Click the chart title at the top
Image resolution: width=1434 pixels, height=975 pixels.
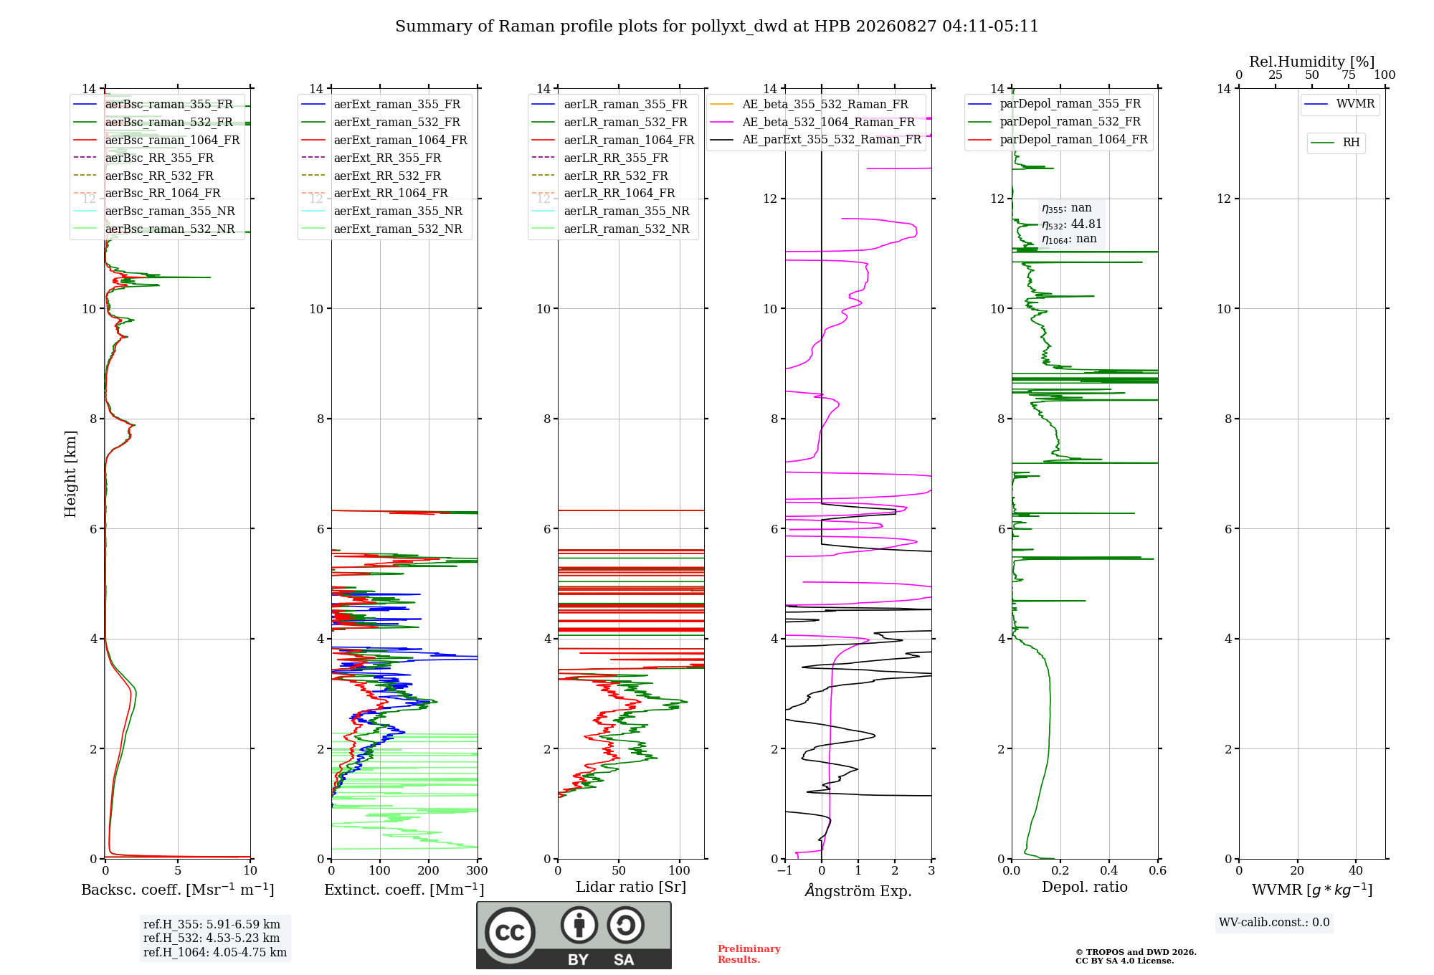pos(717,27)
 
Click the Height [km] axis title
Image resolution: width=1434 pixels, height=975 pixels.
pos(70,474)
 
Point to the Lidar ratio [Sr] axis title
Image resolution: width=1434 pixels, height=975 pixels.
pos(631,887)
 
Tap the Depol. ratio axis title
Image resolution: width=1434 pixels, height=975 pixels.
pos(1085,887)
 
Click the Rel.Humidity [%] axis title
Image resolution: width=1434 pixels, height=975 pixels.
pos(1312,62)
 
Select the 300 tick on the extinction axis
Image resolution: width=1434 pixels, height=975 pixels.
pos(477,870)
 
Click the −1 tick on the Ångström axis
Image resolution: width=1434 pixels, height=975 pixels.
pos(784,870)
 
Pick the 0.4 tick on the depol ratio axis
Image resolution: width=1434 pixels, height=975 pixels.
pos(1109,870)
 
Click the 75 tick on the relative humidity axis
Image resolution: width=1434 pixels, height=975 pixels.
pos(1349,75)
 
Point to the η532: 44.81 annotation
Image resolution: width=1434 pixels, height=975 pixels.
pos(1072,224)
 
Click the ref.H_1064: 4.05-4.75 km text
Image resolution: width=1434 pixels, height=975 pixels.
pos(215,953)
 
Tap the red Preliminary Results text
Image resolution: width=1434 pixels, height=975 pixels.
pos(749,954)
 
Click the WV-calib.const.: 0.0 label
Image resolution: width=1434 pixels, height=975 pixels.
pos(1274,923)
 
